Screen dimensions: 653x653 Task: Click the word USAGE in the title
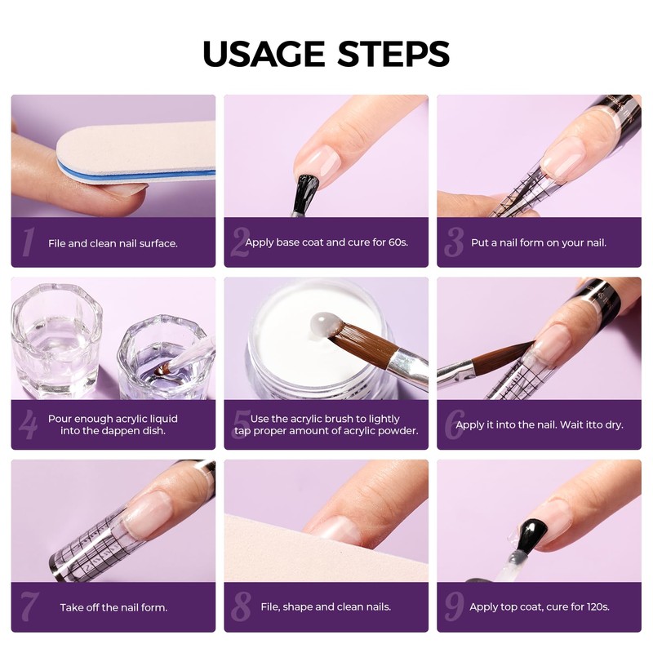tap(263, 54)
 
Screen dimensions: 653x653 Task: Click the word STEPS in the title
tap(394, 54)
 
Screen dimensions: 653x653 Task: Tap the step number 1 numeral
tap(29, 242)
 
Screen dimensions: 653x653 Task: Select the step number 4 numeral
tap(29, 424)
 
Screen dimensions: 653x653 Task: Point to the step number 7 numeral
tap(30, 606)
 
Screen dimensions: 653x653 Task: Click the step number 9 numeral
tap(454, 606)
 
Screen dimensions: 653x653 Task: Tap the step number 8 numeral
tap(241, 606)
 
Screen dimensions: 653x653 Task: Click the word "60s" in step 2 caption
tap(398, 242)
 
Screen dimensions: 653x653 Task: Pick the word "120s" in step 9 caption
tap(597, 606)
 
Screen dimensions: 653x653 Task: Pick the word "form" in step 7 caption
tap(153, 607)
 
